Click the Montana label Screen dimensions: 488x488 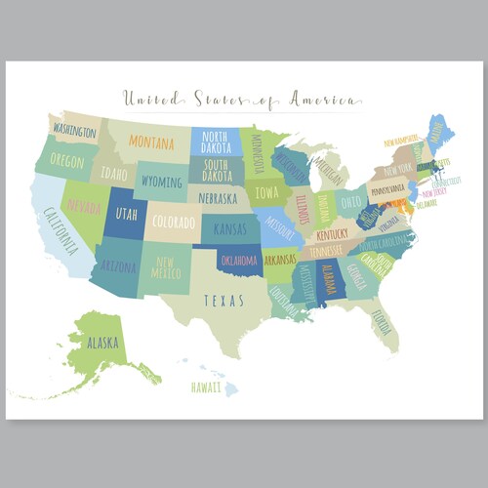(151, 142)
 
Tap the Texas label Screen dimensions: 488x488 (224, 301)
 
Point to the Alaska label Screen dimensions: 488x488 (101, 345)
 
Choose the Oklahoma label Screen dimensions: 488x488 (238, 261)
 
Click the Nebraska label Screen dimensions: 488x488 (218, 198)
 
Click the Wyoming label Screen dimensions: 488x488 (161, 182)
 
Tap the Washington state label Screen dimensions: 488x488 (74, 130)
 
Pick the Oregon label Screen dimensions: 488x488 (66, 160)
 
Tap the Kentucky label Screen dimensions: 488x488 (332, 234)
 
